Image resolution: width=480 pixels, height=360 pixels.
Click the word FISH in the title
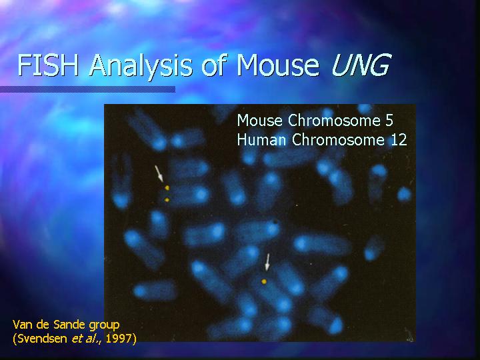(x=49, y=65)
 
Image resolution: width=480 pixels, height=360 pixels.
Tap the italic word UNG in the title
(x=361, y=65)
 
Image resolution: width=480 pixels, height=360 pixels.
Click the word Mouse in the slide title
(x=278, y=65)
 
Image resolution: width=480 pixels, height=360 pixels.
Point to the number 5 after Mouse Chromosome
(x=389, y=120)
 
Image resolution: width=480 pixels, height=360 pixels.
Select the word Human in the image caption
(x=262, y=140)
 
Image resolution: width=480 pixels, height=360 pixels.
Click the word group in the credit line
(x=104, y=326)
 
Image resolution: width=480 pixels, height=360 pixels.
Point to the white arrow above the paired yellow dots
(x=159, y=173)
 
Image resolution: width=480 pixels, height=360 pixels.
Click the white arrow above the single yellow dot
(x=267, y=262)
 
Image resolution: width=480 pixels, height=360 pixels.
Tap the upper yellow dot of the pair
(x=167, y=187)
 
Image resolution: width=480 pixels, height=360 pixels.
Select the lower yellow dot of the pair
(x=167, y=200)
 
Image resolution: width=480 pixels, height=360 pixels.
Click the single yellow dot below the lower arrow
(x=264, y=281)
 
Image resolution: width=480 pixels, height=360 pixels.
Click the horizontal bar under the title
(x=87, y=89)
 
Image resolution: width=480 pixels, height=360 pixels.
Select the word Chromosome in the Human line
(x=338, y=140)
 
